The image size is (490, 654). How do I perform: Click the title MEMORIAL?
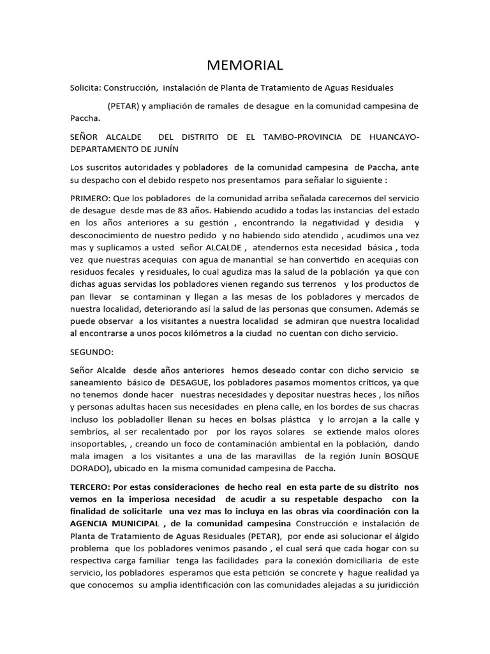(245, 66)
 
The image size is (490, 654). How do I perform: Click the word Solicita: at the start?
(85, 87)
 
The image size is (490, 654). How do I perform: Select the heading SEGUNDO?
(92, 352)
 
